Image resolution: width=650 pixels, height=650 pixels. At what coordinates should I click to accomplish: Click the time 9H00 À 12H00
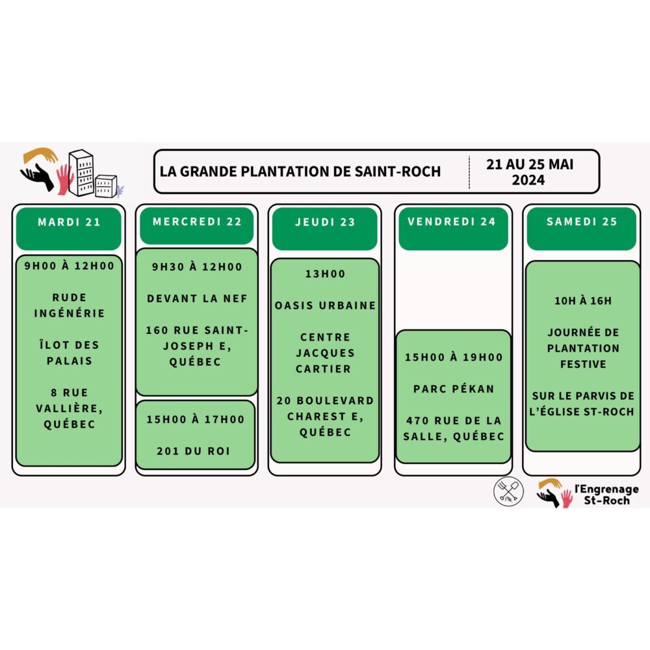click(70, 266)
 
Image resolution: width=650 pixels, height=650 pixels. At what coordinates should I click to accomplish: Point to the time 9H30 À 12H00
click(197, 266)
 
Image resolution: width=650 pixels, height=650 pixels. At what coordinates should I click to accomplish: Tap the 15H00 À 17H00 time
click(196, 419)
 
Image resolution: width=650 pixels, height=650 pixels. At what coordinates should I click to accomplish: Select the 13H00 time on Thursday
click(326, 274)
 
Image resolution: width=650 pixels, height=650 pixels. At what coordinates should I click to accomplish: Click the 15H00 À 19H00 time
click(454, 357)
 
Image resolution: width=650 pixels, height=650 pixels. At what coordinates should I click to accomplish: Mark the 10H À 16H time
click(583, 300)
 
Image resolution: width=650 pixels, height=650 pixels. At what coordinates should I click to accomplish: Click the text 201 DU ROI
click(194, 451)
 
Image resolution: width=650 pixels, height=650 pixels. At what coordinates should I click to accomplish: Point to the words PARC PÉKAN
click(454, 389)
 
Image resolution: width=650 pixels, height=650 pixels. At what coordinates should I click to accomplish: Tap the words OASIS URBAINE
click(326, 305)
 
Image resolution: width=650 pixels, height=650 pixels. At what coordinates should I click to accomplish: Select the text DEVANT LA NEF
click(198, 298)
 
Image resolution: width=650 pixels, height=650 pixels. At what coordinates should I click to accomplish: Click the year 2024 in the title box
click(528, 180)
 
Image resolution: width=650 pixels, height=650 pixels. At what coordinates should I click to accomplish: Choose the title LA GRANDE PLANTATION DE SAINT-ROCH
click(300, 172)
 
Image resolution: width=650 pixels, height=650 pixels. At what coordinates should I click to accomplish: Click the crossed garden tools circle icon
click(508, 491)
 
